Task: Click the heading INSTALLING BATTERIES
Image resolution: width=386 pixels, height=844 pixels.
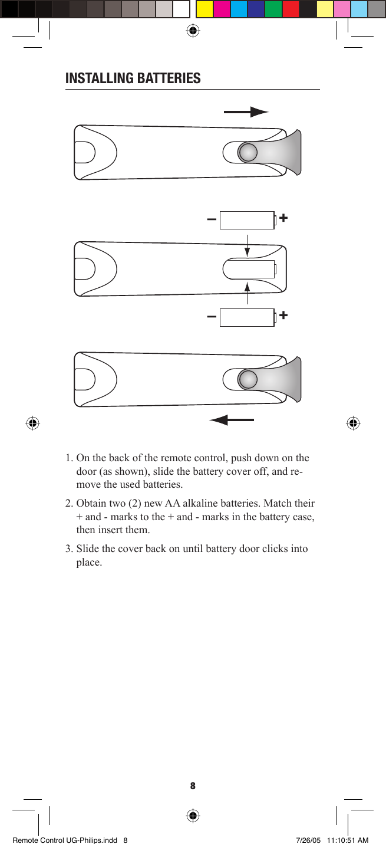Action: click(133, 78)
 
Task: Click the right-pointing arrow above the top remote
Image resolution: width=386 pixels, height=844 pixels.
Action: click(246, 112)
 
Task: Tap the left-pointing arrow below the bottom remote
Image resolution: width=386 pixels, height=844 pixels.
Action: click(232, 420)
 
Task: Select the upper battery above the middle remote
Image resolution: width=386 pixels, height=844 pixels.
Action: click(247, 220)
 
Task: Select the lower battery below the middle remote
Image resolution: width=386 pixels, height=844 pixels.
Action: click(247, 317)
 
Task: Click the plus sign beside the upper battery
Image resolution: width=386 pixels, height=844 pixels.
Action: click(283, 218)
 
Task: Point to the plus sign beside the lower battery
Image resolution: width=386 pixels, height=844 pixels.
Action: click(283, 316)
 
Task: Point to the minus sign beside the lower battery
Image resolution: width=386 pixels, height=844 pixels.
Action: click(211, 317)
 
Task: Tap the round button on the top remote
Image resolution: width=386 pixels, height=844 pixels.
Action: click(248, 152)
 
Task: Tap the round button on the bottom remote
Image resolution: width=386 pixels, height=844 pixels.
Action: click(248, 379)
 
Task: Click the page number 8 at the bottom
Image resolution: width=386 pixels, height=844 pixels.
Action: click(193, 786)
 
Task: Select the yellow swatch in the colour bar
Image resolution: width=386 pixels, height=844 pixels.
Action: click(204, 9)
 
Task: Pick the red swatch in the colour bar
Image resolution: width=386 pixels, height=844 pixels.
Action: click(291, 9)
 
